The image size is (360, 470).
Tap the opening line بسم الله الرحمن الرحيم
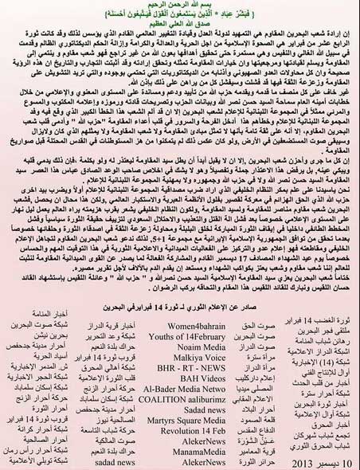pos(180,6)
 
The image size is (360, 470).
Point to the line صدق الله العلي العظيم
pos(180,25)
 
